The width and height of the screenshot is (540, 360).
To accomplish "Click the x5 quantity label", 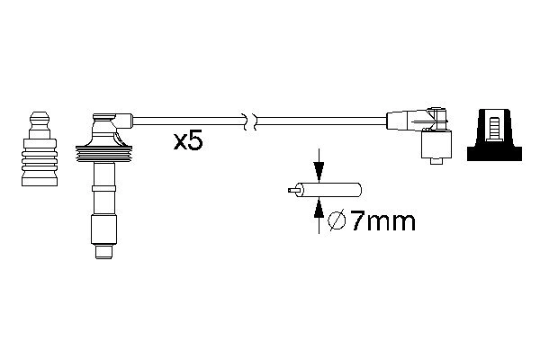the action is click(188, 141).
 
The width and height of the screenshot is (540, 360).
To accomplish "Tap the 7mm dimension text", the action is click(382, 221).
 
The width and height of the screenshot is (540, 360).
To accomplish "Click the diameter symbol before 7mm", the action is click(337, 221).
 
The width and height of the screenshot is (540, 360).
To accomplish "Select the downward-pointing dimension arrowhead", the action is click(319, 171).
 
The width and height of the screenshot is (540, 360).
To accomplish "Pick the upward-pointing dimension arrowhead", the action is click(319, 209).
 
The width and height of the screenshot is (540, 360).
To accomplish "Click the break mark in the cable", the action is click(250, 121).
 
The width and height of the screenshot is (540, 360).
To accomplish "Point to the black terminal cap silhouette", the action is click(494, 135).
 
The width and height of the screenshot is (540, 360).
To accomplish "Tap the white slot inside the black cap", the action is click(494, 130).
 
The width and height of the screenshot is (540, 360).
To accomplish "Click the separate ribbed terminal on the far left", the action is click(40, 148).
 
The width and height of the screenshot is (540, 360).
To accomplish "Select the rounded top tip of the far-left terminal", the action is click(40, 115).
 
